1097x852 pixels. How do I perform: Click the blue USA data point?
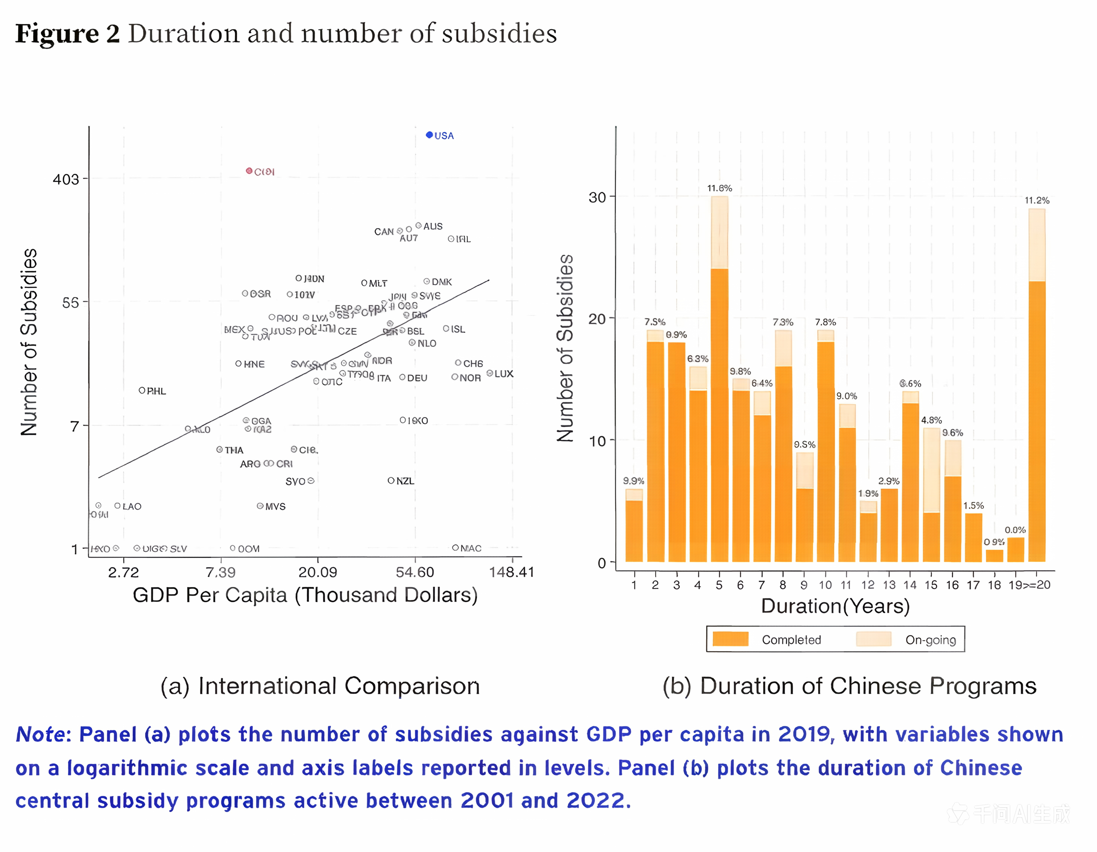point(429,135)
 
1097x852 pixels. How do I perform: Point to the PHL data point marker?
point(142,390)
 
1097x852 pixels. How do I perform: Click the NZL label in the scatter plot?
point(405,481)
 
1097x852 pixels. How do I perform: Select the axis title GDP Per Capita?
point(305,595)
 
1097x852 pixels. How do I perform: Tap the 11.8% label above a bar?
point(719,188)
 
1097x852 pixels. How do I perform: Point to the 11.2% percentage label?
point(1037,200)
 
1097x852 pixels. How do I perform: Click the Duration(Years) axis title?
point(835,606)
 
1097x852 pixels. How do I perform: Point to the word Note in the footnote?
point(40,734)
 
